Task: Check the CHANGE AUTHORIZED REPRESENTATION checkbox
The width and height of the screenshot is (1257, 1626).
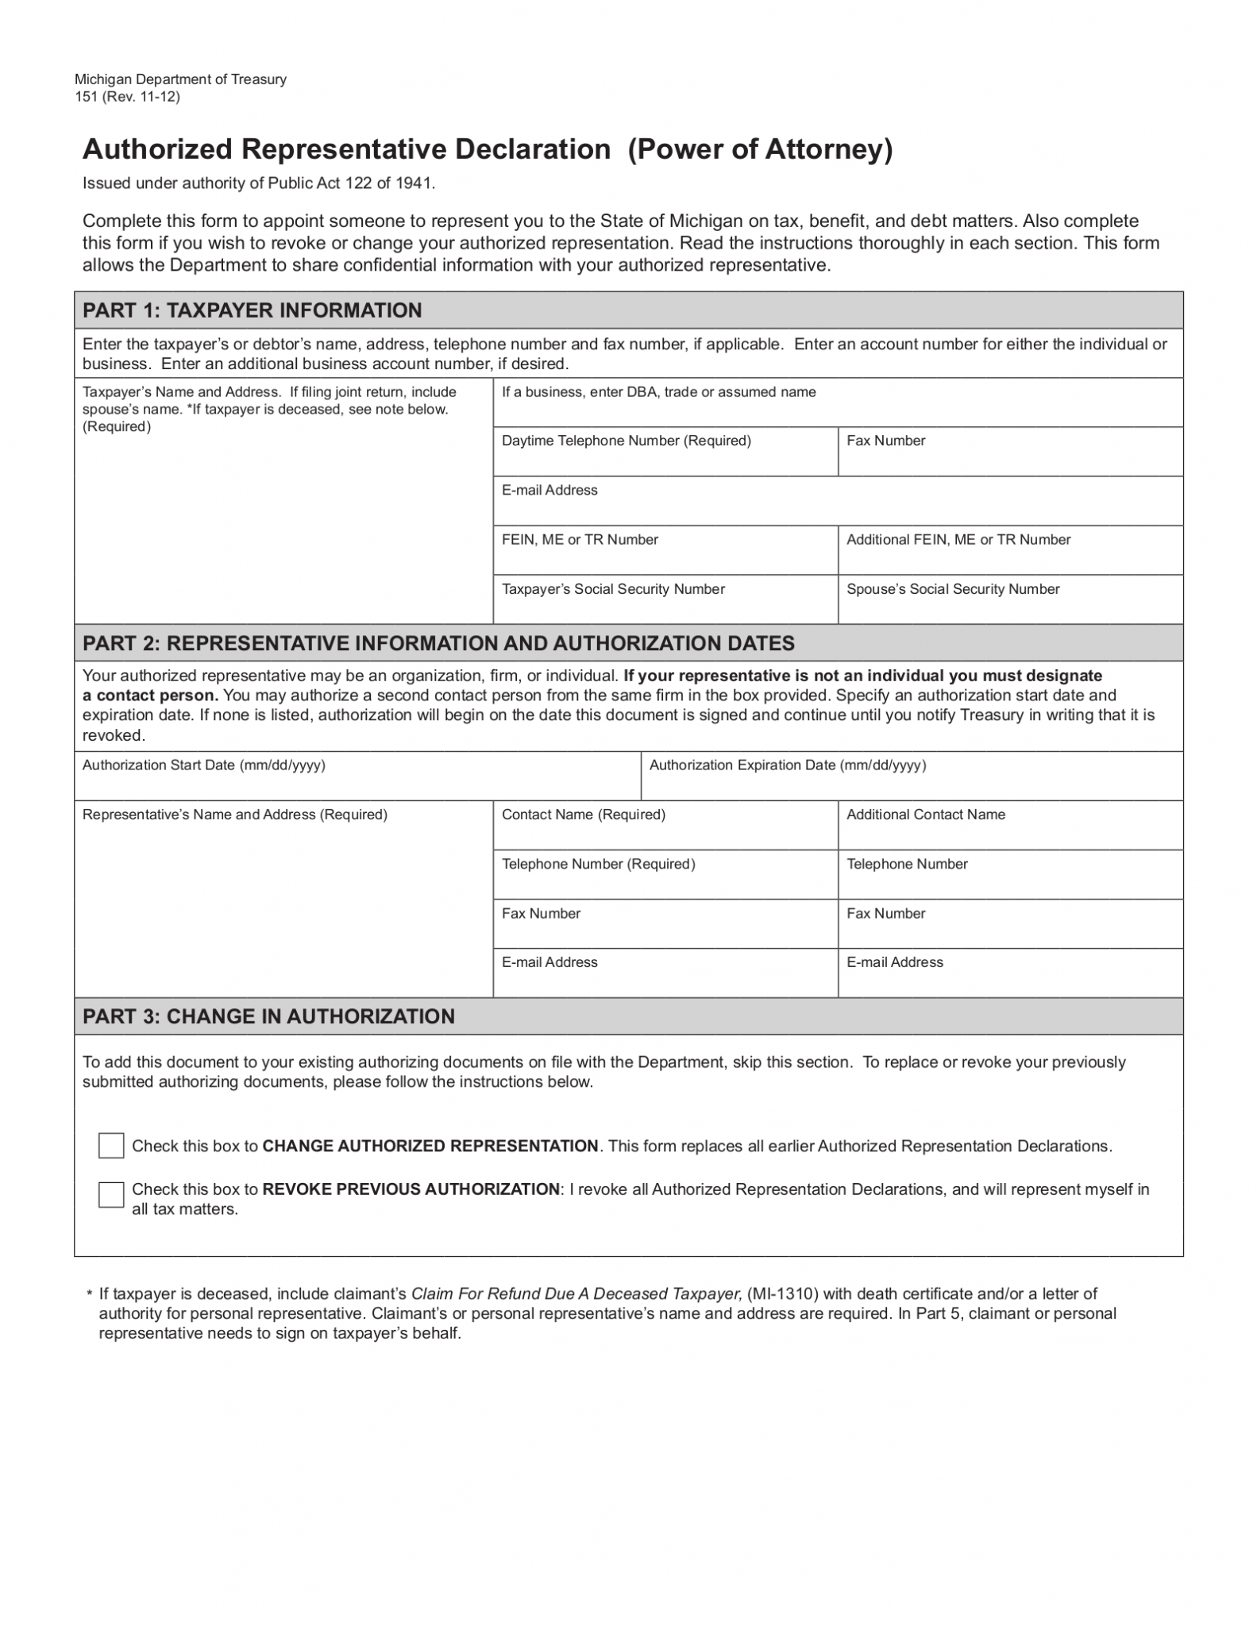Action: [111, 1146]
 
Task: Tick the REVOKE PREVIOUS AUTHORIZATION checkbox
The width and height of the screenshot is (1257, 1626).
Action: [111, 1195]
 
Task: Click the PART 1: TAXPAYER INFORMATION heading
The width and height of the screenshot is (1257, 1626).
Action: [252, 310]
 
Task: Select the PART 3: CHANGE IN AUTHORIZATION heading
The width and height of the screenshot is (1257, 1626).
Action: [268, 1016]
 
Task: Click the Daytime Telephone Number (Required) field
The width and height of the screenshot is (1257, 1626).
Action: [665, 459]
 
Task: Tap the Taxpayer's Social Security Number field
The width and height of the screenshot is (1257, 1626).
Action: [665, 607]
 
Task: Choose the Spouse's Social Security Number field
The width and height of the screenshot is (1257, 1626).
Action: [1009, 607]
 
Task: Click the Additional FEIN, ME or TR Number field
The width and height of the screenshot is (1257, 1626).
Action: [1009, 557]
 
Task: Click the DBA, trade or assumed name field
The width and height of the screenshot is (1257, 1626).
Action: [837, 410]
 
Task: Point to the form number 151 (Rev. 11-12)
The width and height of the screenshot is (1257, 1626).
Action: [127, 97]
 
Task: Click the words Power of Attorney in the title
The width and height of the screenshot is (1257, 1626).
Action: [760, 149]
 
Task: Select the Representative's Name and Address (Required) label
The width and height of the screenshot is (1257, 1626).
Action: [235, 815]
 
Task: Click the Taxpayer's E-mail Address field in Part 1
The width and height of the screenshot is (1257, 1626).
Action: [837, 508]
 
